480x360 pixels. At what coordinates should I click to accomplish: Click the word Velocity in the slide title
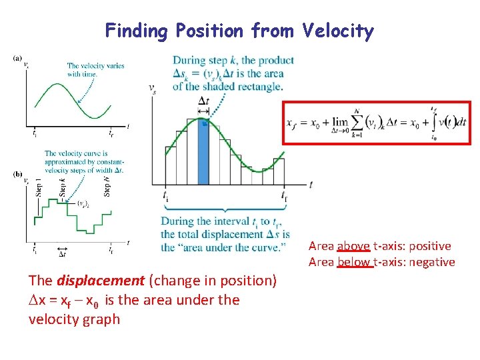pos(338,31)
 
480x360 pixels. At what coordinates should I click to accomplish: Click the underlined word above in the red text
pos(353,246)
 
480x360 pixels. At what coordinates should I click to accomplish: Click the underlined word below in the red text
pos(355,262)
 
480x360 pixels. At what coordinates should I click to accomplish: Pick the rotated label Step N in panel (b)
pos(107,184)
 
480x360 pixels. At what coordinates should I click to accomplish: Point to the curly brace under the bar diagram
pos(225,208)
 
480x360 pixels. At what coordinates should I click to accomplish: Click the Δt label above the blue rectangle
pos(204,101)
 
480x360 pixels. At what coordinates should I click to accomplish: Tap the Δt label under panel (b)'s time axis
pos(62,253)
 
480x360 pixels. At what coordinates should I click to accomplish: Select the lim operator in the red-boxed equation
pos(341,121)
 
